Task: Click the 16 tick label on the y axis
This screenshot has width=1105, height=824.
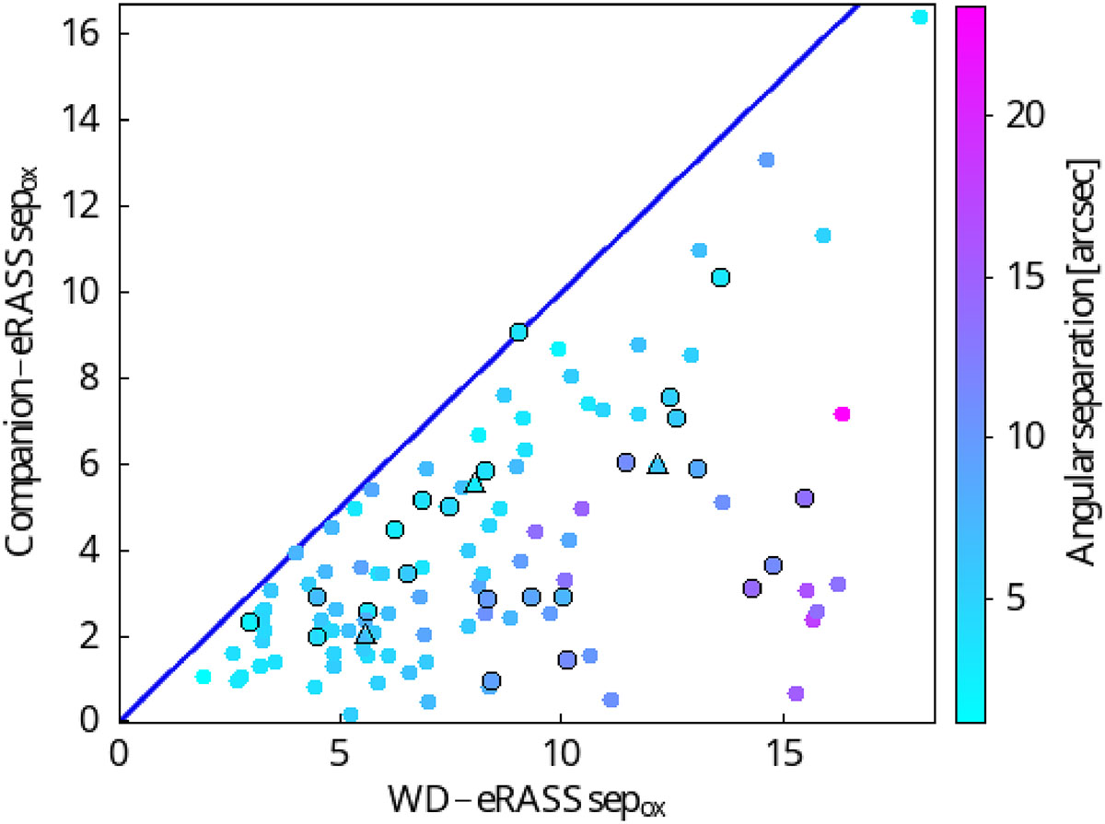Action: click(86, 34)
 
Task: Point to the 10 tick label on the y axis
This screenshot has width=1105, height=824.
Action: click(86, 292)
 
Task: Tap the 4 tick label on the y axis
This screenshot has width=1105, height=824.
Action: click(92, 551)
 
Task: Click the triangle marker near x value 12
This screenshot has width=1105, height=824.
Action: click(657, 464)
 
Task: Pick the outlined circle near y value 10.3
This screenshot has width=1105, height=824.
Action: click(721, 277)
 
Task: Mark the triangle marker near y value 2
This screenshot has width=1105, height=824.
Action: click(366, 633)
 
